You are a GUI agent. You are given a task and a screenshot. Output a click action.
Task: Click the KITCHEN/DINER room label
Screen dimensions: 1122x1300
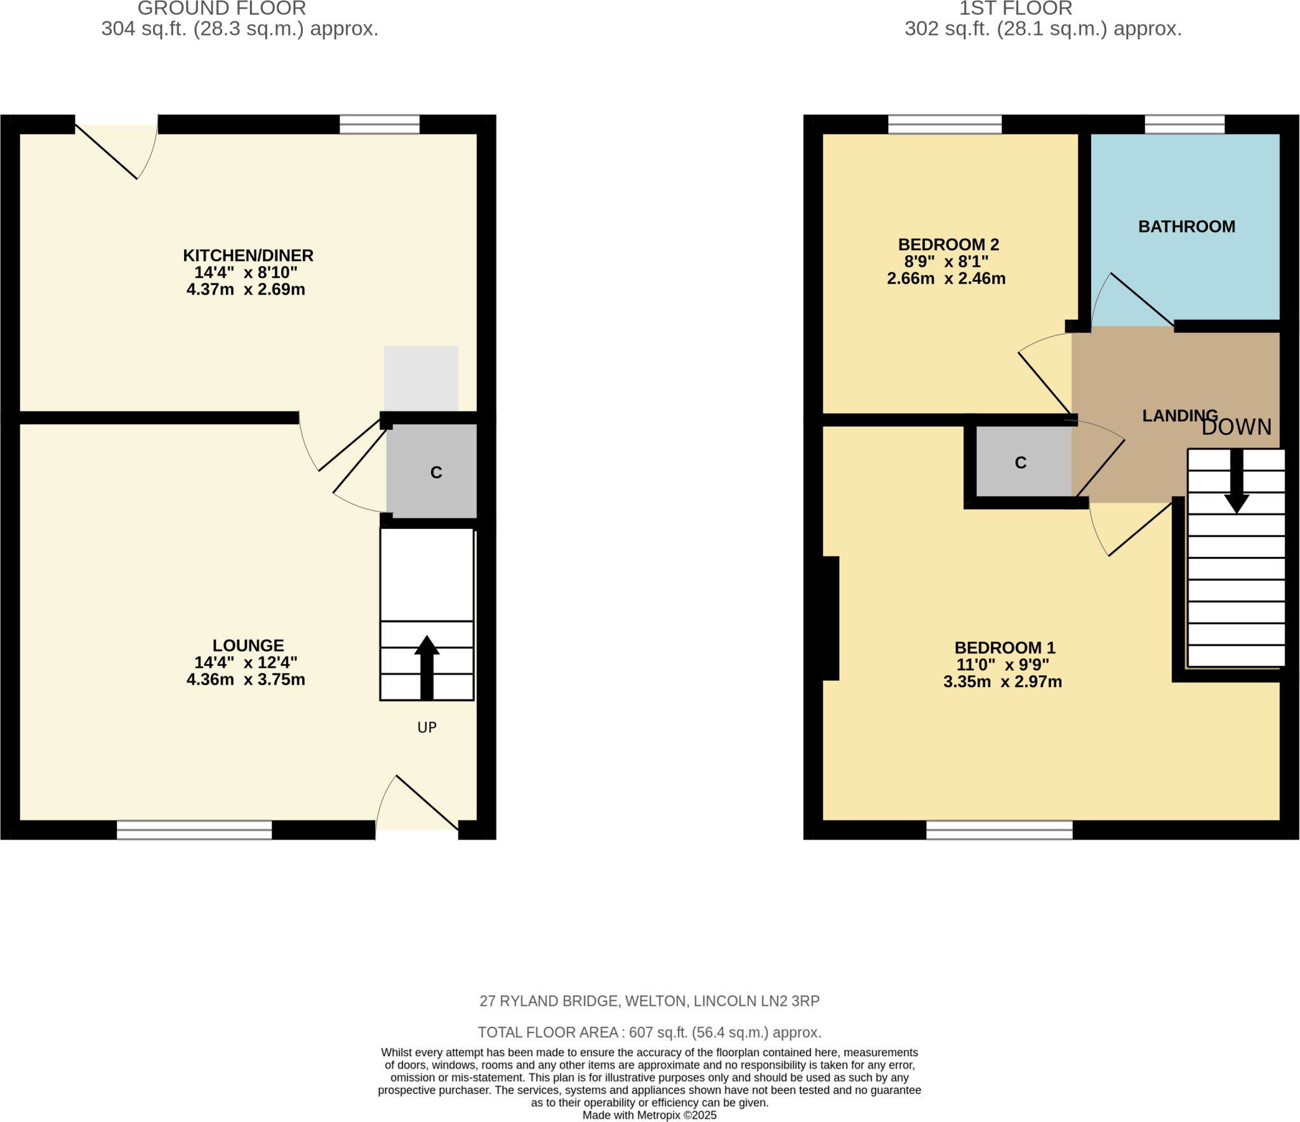248,255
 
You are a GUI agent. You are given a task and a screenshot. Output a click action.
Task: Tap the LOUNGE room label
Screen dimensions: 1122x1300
248,645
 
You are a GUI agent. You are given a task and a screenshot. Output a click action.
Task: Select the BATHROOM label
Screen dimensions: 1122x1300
1186,227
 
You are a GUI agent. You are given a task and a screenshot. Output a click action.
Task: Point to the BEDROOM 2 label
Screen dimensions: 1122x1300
948,244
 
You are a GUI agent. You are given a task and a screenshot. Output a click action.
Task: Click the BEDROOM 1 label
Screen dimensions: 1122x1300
1005,648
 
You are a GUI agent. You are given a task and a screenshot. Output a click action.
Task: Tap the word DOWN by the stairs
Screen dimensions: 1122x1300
1237,427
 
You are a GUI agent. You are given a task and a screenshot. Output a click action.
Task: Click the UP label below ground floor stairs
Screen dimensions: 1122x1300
427,727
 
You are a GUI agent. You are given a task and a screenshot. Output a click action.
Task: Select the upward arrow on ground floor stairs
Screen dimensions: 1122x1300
427,667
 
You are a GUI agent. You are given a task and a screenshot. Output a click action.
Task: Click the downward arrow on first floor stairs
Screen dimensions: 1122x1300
1237,483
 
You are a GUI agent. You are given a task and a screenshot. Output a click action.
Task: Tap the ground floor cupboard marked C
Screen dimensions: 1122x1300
435,472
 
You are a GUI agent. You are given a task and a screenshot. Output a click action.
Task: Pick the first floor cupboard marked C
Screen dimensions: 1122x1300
1021,462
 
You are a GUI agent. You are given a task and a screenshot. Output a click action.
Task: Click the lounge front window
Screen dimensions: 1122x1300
194,830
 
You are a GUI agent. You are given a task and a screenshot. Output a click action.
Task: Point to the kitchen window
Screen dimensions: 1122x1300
380,124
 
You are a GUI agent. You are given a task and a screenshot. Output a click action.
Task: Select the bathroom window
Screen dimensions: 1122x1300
1184,124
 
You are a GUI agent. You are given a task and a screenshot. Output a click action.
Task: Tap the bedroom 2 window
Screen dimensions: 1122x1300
945,124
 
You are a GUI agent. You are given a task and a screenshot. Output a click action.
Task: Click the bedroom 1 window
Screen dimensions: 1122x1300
999,830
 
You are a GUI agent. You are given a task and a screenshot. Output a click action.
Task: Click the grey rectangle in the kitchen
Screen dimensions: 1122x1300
421,378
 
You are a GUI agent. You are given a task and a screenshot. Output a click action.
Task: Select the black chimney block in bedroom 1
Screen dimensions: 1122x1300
830,618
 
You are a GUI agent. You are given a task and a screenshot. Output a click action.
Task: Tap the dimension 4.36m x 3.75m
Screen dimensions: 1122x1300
246,679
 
